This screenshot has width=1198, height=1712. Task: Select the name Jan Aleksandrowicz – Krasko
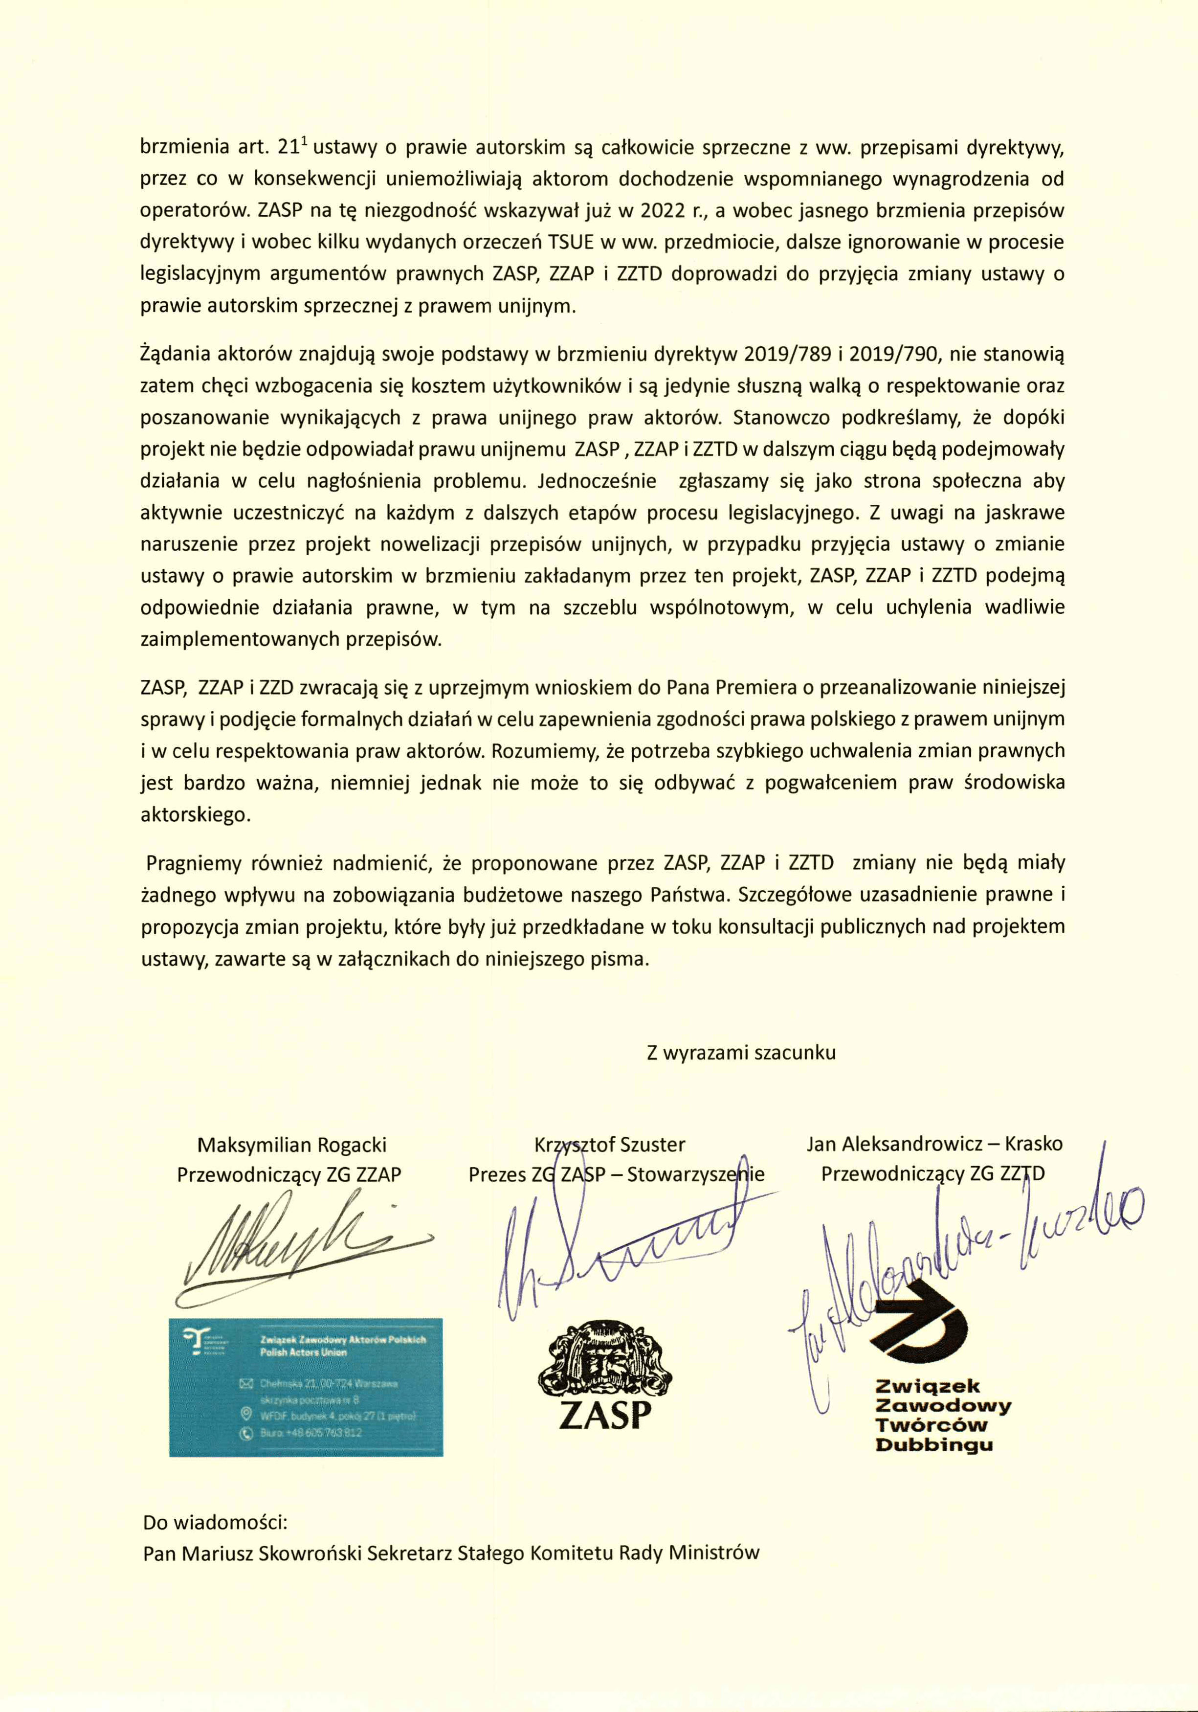pyautogui.click(x=934, y=1143)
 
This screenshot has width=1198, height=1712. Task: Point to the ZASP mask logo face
pyautogui.click(x=604, y=1362)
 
